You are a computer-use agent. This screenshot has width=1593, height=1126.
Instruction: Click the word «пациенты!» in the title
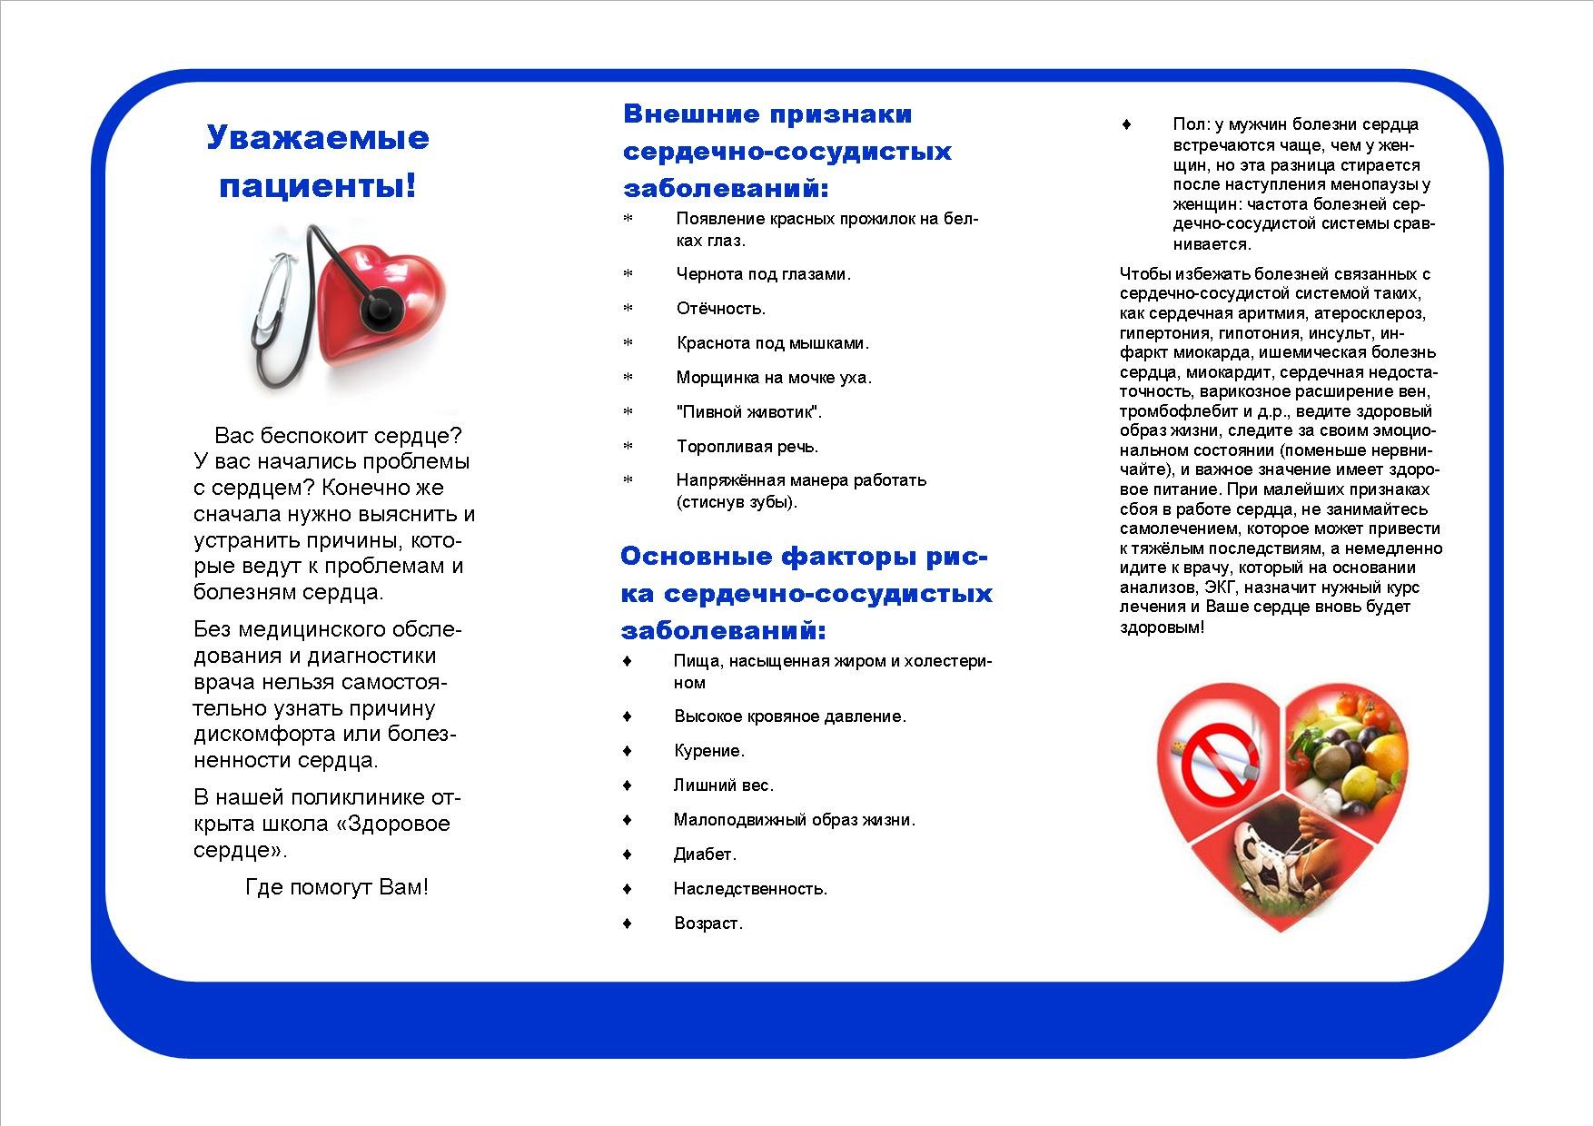coord(318,185)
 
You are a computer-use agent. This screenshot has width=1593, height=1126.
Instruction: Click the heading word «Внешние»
coord(691,114)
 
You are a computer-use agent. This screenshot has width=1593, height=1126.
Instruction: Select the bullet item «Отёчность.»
coord(721,309)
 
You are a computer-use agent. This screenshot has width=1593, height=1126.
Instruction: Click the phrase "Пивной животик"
coord(748,412)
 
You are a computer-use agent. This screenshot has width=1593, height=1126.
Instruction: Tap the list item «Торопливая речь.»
coord(747,447)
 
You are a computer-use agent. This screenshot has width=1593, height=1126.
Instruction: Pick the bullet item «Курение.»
coord(708,751)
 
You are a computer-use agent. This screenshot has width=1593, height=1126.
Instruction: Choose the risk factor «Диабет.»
coord(705,854)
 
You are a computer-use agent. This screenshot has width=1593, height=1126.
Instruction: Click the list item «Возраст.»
coord(708,924)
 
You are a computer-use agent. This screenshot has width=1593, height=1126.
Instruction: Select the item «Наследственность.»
coord(750,889)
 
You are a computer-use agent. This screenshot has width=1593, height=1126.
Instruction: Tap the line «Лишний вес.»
coord(723,785)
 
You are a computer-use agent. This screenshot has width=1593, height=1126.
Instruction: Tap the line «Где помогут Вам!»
coord(336,887)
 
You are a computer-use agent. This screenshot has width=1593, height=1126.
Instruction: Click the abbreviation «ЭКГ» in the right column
coord(1222,588)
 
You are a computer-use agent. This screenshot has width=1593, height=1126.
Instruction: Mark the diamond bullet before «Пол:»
coord(1127,124)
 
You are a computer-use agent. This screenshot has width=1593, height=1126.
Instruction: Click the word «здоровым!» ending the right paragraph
coord(1162,627)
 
